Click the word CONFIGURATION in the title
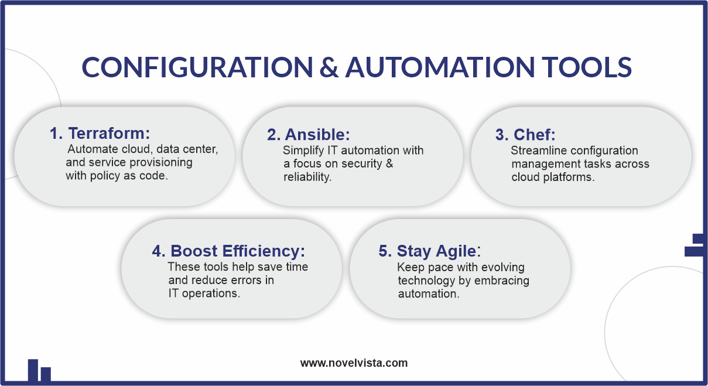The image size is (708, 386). (197, 67)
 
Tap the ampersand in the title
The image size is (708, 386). (329, 67)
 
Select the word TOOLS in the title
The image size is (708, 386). (587, 67)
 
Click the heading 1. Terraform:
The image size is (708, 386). (100, 133)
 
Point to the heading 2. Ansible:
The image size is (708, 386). (309, 134)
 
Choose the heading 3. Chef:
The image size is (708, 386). (525, 134)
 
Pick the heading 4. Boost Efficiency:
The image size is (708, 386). (228, 251)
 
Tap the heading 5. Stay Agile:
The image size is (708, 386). (430, 251)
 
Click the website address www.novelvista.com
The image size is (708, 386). (354, 363)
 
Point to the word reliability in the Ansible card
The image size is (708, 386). (307, 177)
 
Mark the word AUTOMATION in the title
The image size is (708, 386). (440, 67)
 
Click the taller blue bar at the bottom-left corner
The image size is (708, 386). (33, 370)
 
